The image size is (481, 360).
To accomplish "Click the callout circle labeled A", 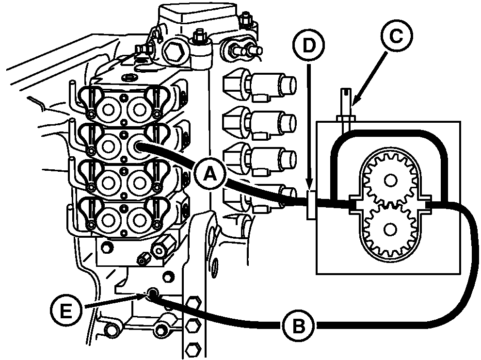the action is pos(210,174).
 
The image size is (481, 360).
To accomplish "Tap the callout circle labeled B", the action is pos(298,326).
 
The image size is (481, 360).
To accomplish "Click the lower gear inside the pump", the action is pos(390,229).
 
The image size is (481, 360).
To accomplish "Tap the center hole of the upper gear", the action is pos(390,180).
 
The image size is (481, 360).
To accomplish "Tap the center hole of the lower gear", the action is pos(390,229).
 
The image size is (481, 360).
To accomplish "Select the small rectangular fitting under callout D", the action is pos(311,205).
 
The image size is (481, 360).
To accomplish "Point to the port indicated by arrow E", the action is pos(152,293).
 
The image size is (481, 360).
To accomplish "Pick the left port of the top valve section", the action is pos(108,110).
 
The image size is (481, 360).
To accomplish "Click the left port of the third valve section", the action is pos(108,183).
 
